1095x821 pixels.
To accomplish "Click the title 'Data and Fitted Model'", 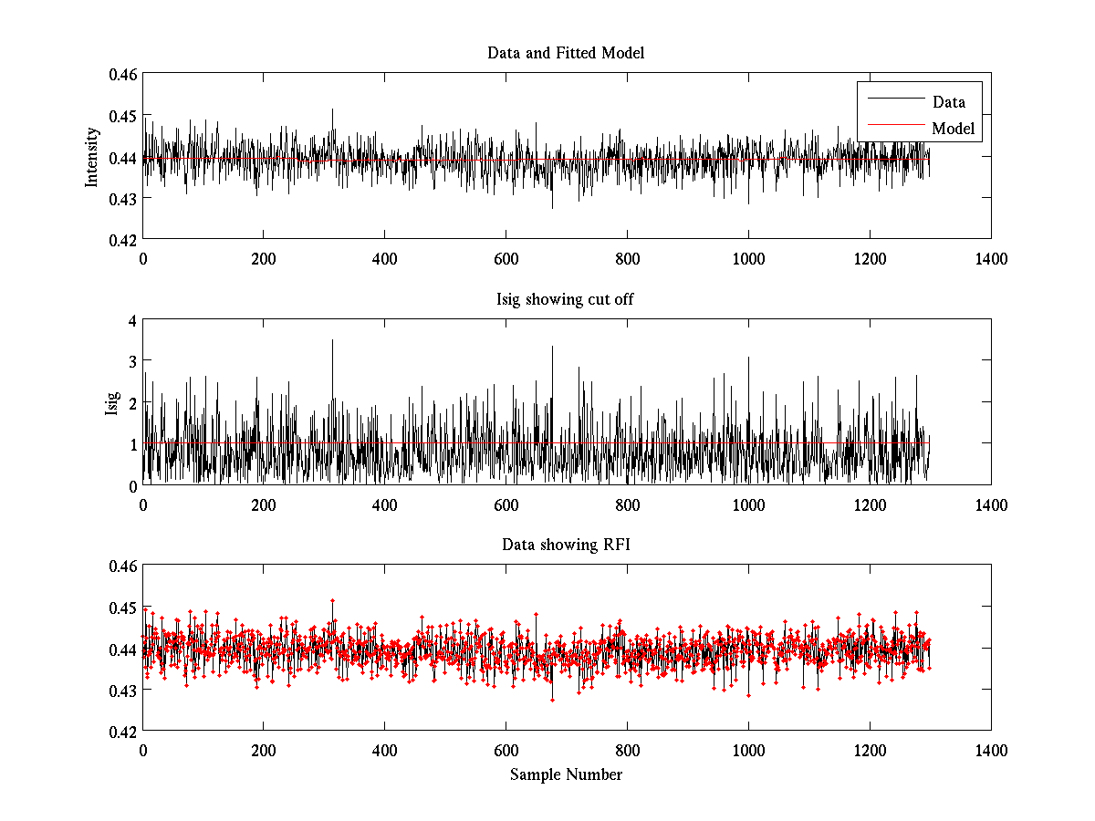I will [x=566, y=53].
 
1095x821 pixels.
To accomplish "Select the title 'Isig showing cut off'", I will [x=566, y=299].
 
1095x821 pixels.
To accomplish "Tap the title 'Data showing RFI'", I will [x=566, y=545].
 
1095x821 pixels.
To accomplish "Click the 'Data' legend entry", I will [x=948, y=102].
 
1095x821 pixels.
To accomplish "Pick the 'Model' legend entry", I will [x=953, y=129].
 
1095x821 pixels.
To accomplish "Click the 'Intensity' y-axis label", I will [x=91, y=157].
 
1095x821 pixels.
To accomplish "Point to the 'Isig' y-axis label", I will [x=112, y=402].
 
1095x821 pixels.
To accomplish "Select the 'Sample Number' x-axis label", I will [x=566, y=774].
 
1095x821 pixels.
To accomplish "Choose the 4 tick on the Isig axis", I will [x=133, y=321].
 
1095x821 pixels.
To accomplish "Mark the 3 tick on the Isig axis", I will [x=133, y=362].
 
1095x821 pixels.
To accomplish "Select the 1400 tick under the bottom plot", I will [x=991, y=751].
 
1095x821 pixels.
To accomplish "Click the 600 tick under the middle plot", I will [x=506, y=505].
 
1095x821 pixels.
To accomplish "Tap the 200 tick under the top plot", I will [x=264, y=259].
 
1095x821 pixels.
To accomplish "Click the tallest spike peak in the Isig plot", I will [x=332, y=340].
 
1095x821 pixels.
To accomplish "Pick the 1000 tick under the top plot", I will [x=748, y=259].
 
